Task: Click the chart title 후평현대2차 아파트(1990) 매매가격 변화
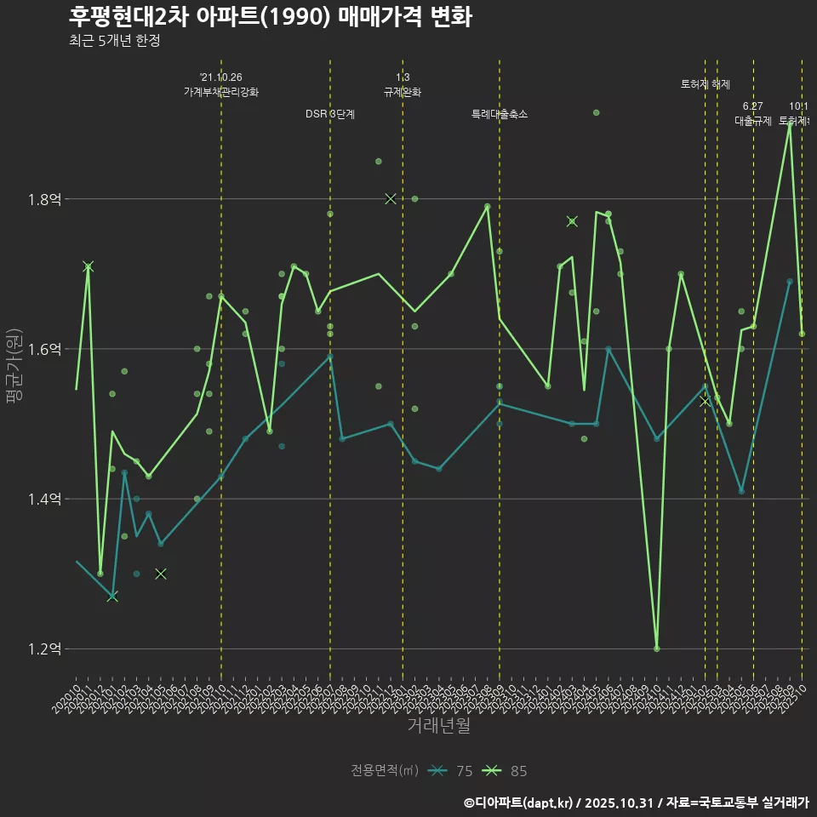pyautogui.click(x=270, y=17)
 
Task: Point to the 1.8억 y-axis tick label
pyautogui.click(x=45, y=200)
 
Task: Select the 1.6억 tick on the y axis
pyautogui.click(x=45, y=350)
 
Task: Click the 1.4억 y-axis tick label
pyautogui.click(x=45, y=500)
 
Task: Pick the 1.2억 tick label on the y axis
pyautogui.click(x=45, y=649)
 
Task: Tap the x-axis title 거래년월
pyautogui.click(x=438, y=726)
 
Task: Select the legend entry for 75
pyautogui.click(x=451, y=771)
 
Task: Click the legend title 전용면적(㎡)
pyautogui.click(x=385, y=771)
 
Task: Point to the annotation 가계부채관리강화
pyautogui.click(x=221, y=92)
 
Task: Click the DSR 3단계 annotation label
pyautogui.click(x=330, y=114)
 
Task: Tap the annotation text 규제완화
pyautogui.click(x=403, y=92)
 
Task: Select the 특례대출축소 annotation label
pyautogui.click(x=500, y=114)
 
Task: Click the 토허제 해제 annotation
pyautogui.click(x=706, y=84)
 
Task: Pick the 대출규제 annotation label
pyautogui.click(x=753, y=121)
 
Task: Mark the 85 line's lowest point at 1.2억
pyautogui.click(x=656, y=648)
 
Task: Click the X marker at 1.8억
pyautogui.click(x=391, y=198)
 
